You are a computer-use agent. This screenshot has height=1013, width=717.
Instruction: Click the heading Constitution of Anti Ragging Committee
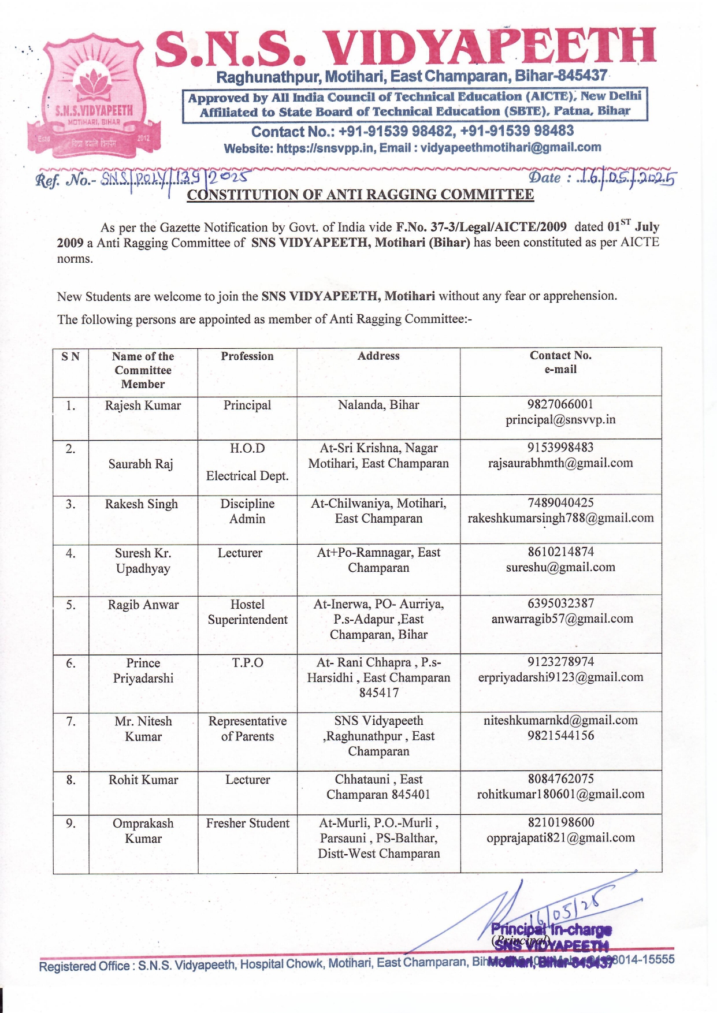pyautogui.click(x=360, y=195)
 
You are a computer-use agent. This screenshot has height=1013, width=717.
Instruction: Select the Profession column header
pyautogui.click(x=247, y=356)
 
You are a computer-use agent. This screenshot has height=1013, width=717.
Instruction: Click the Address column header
pyautogui.click(x=378, y=356)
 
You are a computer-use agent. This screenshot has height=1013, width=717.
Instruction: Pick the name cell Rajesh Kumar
pyautogui.click(x=143, y=405)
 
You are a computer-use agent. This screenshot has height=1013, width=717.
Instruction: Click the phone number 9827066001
pyautogui.click(x=560, y=404)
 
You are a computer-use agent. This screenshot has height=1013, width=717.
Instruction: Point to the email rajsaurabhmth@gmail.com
pyautogui.click(x=560, y=463)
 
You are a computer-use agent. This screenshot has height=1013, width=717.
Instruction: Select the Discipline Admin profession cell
pyautogui.click(x=247, y=511)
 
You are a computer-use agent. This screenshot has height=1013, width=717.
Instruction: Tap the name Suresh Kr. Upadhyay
pyautogui.click(x=143, y=561)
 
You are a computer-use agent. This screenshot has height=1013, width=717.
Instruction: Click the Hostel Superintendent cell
pyautogui.click(x=247, y=612)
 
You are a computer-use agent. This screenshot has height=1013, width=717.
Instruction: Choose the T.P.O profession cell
pyautogui.click(x=247, y=663)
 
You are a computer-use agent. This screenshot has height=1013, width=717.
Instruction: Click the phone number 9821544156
pyautogui.click(x=560, y=736)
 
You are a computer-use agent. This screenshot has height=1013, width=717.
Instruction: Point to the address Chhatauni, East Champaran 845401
pyautogui.click(x=378, y=787)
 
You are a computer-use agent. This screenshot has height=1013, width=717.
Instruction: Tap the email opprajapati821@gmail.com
pyautogui.click(x=560, y=838)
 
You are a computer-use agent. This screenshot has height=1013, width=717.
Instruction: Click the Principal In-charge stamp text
pyautogui.click(x=551, y=930)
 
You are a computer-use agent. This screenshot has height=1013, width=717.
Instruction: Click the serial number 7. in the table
pyautogui.click(x=70, y=721)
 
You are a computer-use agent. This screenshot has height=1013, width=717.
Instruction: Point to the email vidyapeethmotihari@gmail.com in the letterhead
pyautogui.click(x=511, y=148)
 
